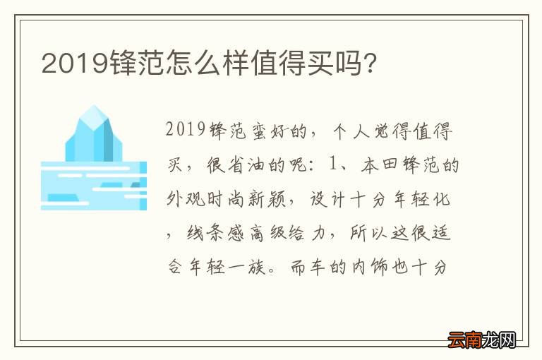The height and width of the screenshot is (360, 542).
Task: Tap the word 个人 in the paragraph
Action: click(x=350, y=131)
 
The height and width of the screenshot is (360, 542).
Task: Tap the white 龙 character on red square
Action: click(x=491, y=340)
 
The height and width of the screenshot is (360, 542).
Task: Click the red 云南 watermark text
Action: click(x=464, y=340)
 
